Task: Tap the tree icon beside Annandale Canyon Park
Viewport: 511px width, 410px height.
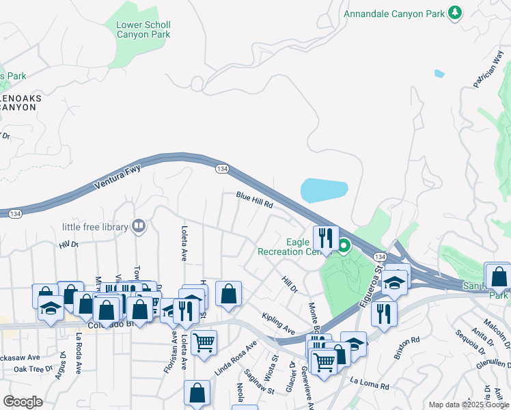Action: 454,12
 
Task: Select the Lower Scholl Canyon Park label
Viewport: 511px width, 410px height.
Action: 143,30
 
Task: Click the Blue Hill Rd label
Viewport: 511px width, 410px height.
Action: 255,200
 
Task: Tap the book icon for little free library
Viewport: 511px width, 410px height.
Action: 139,226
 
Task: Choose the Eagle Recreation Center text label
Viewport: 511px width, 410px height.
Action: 288,247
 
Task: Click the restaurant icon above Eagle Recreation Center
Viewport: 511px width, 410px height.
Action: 326,238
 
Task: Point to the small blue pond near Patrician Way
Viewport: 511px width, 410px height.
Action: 439,73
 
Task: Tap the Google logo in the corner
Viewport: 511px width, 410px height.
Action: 23,402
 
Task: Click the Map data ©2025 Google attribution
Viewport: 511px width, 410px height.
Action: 467,405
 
